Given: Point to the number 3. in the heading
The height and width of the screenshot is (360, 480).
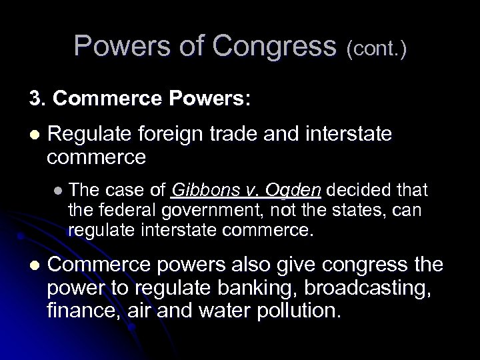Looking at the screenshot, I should point(36,100).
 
